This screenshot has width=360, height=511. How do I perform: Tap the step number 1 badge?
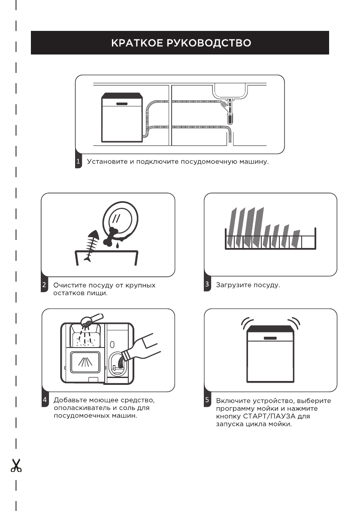[78, 162]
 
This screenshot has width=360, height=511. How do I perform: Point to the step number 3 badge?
[207, 284]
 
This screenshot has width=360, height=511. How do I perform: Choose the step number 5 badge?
[207, 400]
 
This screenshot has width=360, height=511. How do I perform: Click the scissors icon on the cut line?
[16, 465]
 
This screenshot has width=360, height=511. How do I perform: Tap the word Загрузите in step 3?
[232, 285]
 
